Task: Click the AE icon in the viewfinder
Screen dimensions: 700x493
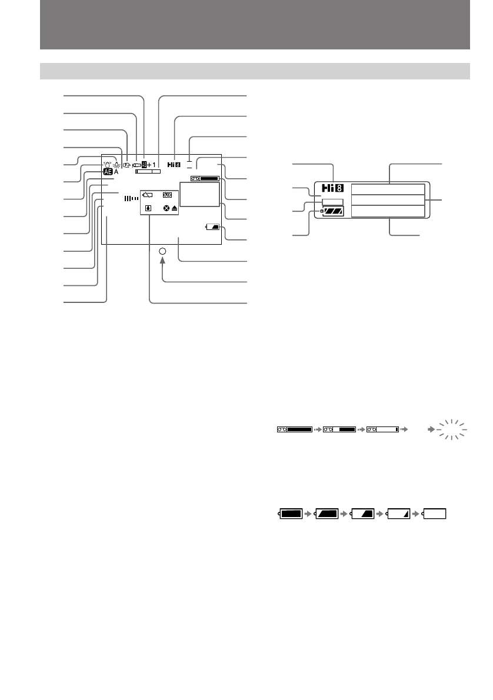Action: coord(107,172)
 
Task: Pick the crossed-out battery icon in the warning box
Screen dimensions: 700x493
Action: coord(147,194)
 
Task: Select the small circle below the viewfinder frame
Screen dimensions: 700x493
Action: coord(163,251)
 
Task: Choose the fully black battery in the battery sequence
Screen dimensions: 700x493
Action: coord(291,513)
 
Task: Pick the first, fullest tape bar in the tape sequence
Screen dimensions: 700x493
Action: coord(295,430)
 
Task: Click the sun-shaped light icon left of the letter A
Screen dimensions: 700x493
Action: coord(116,166)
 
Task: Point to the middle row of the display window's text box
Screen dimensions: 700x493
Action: coord(387,200)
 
